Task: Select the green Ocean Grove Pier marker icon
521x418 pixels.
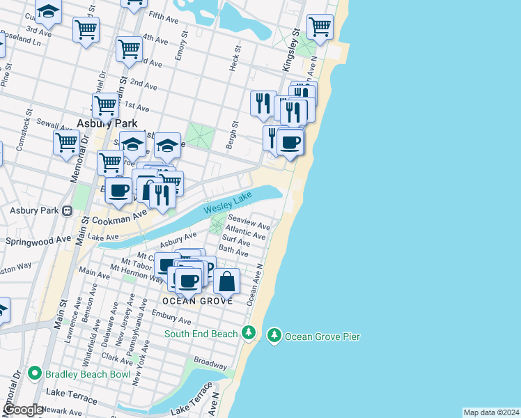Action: pos(274,336)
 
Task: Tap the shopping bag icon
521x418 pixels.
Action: pos(227,281)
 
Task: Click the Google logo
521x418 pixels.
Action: pos(24,410)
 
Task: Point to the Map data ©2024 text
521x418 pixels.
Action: pos(491,412)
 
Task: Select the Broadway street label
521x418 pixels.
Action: pos(210,364)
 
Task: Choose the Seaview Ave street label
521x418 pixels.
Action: pos(254,226)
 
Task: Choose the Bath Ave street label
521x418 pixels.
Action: pos(234,249)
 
